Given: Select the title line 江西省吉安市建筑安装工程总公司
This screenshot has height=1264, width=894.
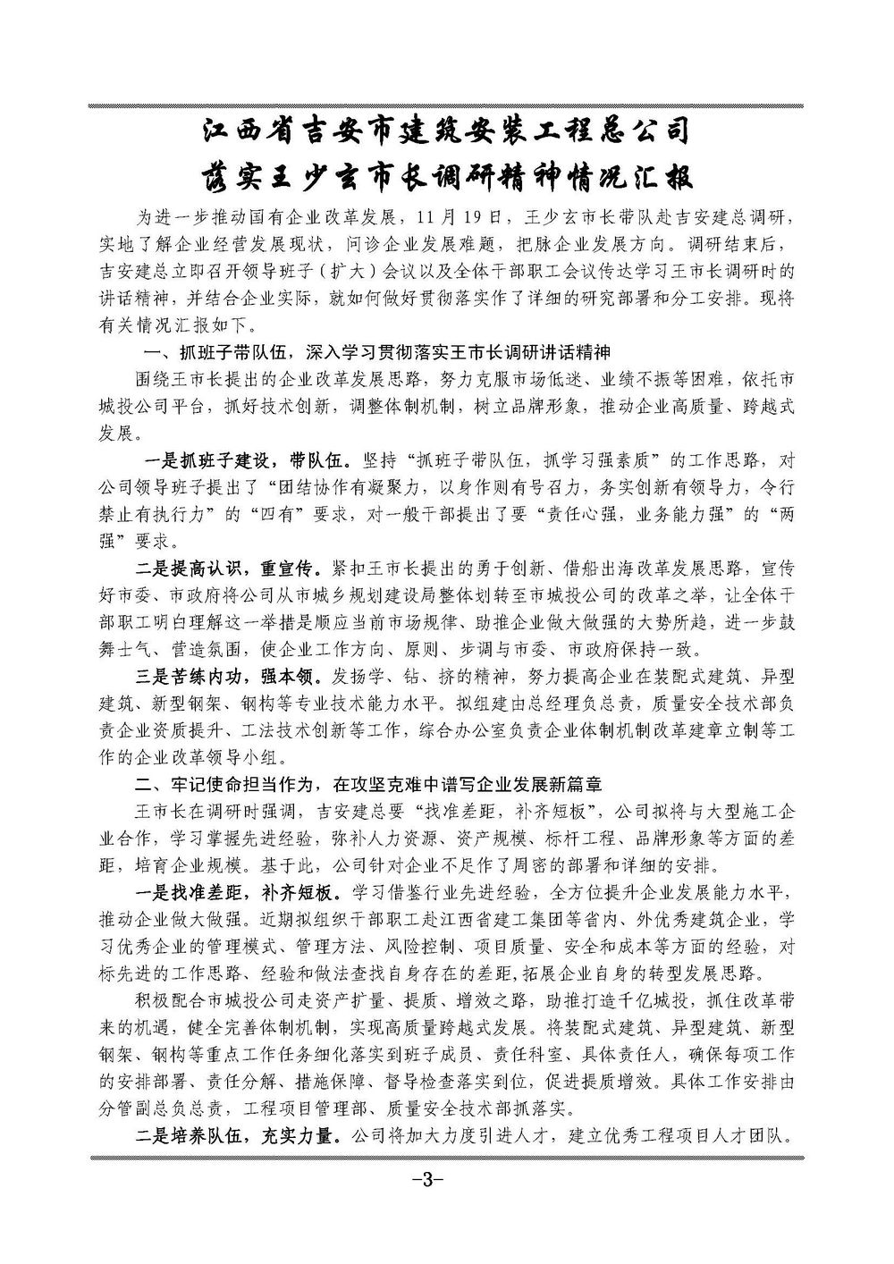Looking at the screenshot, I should pos(446,134).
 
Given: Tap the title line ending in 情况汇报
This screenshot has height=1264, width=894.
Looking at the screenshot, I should pos(446,177).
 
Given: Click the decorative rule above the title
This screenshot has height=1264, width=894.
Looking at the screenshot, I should pos(446,105).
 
